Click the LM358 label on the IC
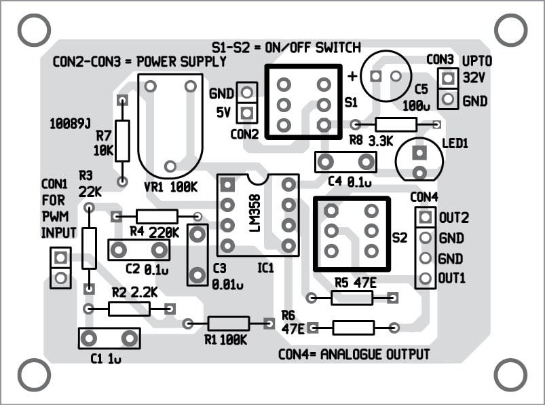click(255, 215)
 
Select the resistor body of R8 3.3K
click(396, 124)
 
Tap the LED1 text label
click(455, 144)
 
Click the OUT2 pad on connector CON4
click(426, 217)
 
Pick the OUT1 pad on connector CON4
click(426, 279)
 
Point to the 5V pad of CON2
click(248, 111)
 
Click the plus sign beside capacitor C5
click(353, 76)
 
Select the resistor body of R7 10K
click(122, 141)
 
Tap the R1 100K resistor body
click(229, 324)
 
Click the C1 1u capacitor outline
click(109, 338)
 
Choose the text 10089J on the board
click(71, 124)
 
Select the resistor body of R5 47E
click(352, 298)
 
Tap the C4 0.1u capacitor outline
click(346, 162)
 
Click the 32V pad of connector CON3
click(447, 79)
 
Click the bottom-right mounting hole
click(510, 374)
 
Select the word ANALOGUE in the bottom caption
click(360, 355)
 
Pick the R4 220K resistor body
click(157, 217)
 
